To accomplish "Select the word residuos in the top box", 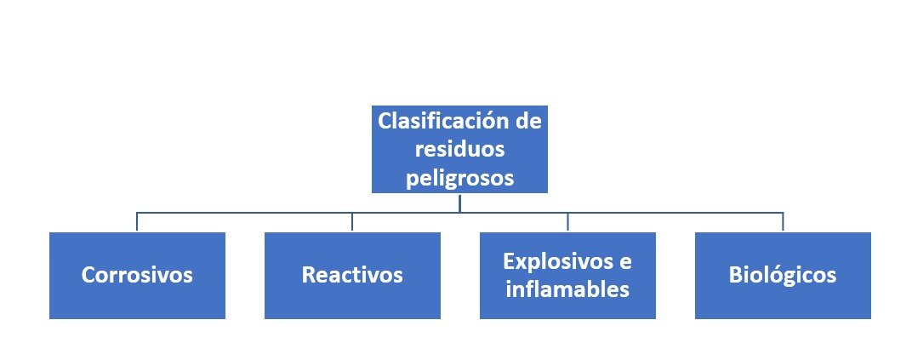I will [459, 150].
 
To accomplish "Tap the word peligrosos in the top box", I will [459, 178].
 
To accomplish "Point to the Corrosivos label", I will [137, 276].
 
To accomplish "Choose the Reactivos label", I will [352, 276].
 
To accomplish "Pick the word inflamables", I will [567, 289].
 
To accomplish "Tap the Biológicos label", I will [783, 276].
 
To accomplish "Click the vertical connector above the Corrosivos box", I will [137, 222].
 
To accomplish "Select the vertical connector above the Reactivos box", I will [352, 222].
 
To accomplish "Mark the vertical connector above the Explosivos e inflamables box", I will [567, 222].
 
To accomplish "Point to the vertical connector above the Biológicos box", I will [783, 222].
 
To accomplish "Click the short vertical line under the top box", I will [459, 203].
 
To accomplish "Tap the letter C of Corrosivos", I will [88, 276].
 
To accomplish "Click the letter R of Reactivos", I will [308, 276].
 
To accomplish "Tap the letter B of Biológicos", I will [735, 276].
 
